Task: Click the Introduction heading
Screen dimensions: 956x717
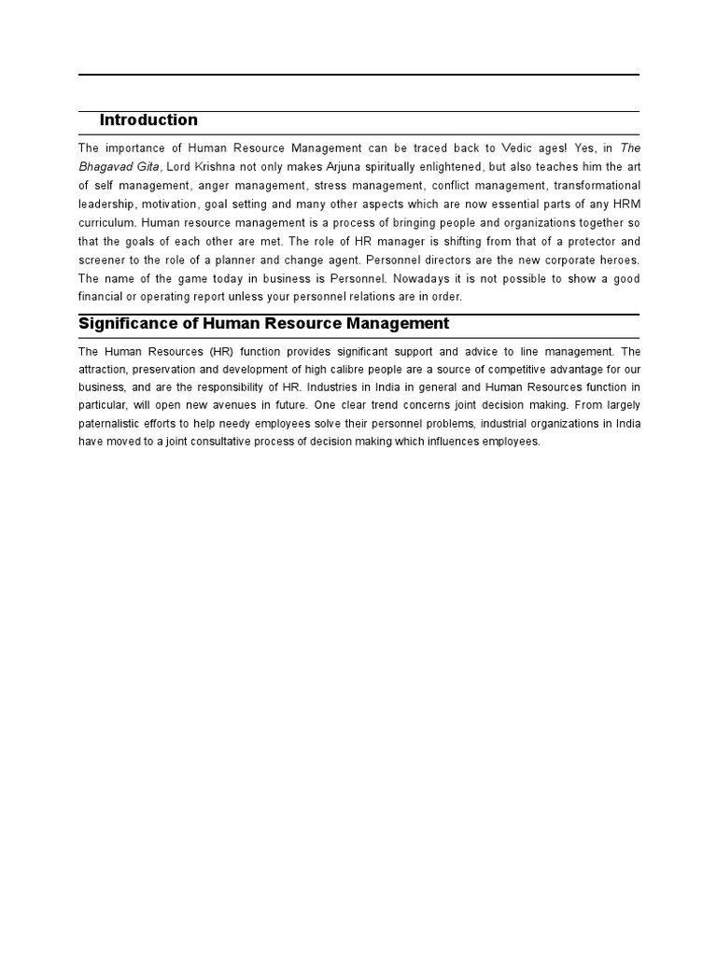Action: [148, 119]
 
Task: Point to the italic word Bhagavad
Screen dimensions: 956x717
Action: [106, 166]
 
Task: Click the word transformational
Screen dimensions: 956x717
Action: [594, 184]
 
